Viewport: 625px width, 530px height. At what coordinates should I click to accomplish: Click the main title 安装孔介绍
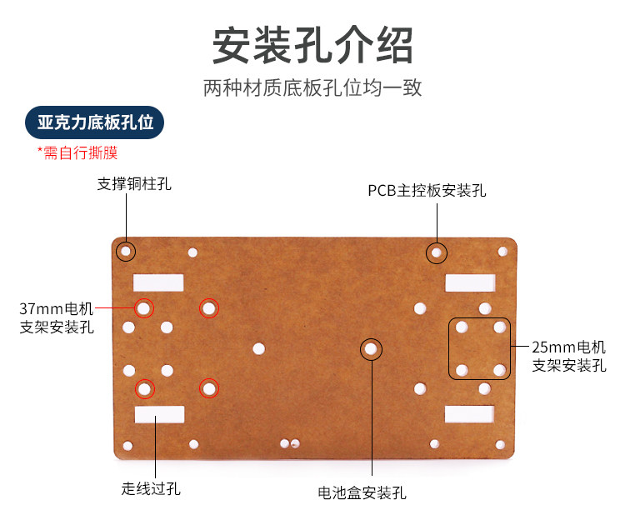[312, 46]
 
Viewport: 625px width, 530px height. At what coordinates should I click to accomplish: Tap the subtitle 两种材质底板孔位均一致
[312, 88]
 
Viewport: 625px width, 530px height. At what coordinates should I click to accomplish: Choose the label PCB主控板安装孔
[427, 191]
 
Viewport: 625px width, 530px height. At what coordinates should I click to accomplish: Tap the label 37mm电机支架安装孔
[57, 317]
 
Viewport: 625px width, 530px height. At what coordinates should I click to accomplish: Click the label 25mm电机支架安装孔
[568, 355]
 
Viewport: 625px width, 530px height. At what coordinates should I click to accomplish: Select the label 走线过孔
[151, 488]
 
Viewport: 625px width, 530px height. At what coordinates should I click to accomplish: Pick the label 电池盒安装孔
[362, 492]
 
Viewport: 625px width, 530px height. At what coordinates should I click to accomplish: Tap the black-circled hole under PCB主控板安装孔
[436, 252]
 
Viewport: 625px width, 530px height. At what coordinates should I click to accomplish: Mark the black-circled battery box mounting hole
[371, 348]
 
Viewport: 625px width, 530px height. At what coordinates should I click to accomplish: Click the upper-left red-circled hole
[144, 308]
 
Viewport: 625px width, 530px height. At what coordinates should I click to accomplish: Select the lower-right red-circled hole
[208, 387]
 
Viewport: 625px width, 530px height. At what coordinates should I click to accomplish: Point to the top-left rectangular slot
[158, 282]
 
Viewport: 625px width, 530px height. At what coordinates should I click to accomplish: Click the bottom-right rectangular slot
[470, 413]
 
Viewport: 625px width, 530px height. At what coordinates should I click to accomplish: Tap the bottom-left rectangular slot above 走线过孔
[158, 414]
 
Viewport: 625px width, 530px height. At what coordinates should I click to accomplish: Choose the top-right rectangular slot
[470, 282]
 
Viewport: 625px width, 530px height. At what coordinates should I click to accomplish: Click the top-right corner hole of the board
[502, 251]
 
